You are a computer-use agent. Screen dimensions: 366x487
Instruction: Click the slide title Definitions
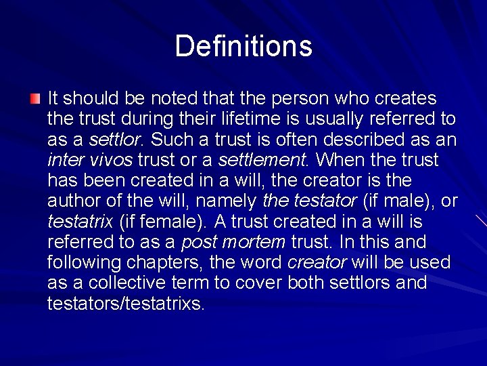click(243, 46)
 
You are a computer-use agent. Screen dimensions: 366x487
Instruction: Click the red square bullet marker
click(35, 100)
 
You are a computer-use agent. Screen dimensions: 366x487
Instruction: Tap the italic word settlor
click(116, 140)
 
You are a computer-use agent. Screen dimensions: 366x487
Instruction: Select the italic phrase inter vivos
click(91, 161)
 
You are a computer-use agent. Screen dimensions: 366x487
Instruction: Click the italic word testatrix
click(80, 222)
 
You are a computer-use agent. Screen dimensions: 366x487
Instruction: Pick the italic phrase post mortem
click(233, 242)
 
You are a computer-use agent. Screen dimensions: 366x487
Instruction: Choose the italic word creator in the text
click(317, 262)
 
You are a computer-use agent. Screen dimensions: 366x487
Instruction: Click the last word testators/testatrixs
click(126, 303)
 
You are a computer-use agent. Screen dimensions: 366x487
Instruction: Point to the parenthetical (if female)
click(162, 222)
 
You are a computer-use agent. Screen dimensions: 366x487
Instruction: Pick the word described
click(372, 140)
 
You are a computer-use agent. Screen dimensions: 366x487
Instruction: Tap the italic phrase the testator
click(309, 201)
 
